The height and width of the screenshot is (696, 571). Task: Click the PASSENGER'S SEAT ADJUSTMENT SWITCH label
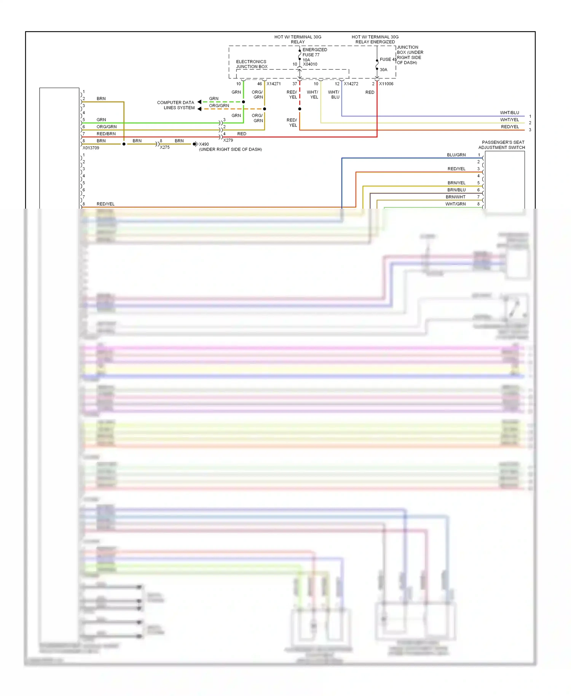tap(502, 145)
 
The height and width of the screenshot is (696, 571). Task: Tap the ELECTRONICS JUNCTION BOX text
tap(251, 64)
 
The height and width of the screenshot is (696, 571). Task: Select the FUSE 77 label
tap(311, 55)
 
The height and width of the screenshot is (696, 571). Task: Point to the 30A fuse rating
tap(383, 70)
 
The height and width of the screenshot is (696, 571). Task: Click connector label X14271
tap(274, 84)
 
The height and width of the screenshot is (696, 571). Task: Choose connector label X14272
tap(351, 84)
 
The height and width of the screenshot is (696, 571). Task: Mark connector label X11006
tap(386, 84)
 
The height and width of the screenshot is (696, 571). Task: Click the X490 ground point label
tap(204, 144)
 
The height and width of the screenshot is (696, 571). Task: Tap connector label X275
tap(165, 147)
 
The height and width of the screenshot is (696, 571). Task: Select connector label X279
tap(228, 140)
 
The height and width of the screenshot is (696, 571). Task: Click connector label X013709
tap(91, 148)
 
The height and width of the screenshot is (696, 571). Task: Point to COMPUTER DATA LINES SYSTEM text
tap(176, 105)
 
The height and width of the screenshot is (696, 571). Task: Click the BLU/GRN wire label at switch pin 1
tap(456, 155)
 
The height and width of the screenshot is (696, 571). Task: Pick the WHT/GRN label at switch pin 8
tap(455, 204)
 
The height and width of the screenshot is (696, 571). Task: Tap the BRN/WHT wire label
tap(455, 197)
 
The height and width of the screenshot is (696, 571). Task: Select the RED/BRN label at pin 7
tap(106, 134)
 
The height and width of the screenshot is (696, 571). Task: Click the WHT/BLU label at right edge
tap(509, 113)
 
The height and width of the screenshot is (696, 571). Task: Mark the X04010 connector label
tap(310, 64)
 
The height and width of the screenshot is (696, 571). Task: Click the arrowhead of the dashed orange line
tap(199, 109)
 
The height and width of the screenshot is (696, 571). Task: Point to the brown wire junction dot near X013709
tap(124, 144)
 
